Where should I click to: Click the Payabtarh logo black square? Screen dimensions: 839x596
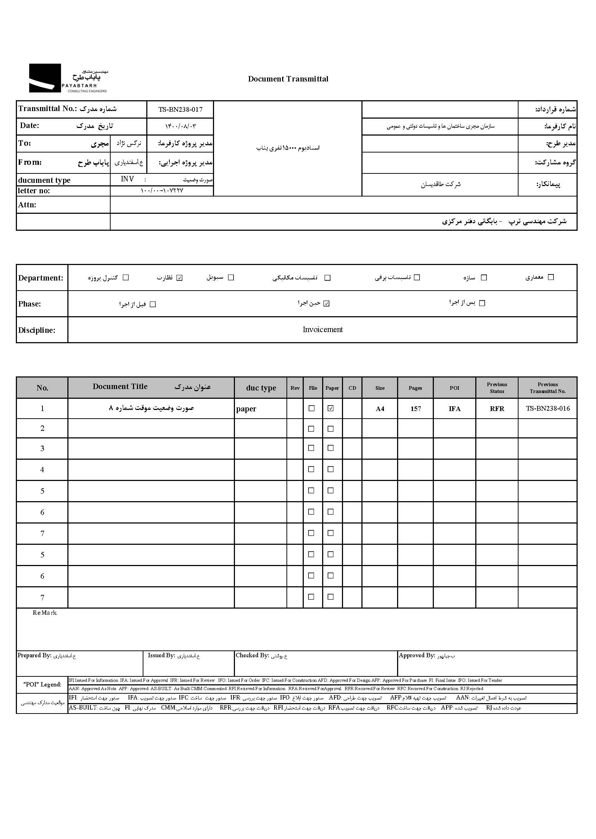coord(45,78)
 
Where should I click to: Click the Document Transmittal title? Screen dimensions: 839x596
coord(288,79)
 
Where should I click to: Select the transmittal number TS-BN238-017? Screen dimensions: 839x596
coord(180,109)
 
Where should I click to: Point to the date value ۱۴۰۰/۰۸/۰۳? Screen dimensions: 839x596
coord(180,126)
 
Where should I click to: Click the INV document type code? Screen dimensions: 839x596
coord(127,179)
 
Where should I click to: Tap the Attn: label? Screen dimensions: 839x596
coord(27,205)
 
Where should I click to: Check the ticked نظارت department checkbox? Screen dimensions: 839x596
coord(179,278)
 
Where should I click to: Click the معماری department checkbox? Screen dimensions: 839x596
coord(551,277)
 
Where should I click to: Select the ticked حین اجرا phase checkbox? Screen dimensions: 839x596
coord(326,304)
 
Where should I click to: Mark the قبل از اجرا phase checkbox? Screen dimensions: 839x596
coord(153,304)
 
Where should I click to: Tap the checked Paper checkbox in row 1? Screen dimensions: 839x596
coord(331,408)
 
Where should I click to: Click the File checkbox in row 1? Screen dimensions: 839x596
coord(312,408)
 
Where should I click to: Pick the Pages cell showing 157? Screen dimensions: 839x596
coord(415,409)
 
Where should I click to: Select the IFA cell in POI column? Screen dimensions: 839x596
coord(454,409)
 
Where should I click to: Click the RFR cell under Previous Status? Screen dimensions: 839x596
coord(497,409)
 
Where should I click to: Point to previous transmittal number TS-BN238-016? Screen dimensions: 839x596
coord(548,409)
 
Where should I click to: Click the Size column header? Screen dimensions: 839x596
coord(380,388)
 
